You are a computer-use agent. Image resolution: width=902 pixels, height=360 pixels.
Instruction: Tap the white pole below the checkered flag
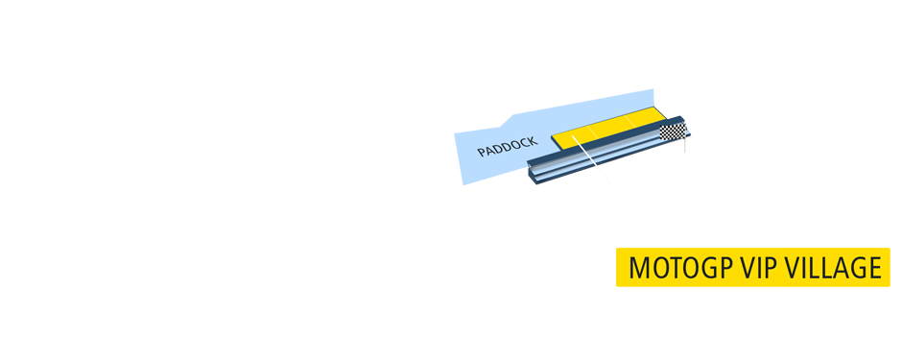[x=685, y=146]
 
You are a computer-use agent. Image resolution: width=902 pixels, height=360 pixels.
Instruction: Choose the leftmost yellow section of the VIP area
[x=572, y=135]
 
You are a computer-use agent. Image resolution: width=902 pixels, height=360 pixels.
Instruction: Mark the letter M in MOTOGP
[x=639, y=268]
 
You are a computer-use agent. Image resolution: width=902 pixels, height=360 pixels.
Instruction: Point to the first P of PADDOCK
[x=483, y=154]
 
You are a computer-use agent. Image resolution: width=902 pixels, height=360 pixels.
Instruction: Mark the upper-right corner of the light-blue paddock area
[x=653, y=90]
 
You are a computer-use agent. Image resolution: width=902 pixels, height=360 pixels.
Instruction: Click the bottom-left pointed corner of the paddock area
[x=463, y=185]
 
